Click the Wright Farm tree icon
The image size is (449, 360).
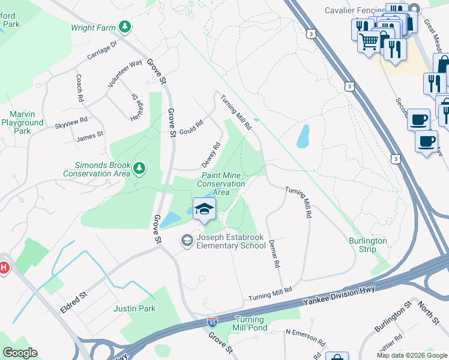[x=125, y=26]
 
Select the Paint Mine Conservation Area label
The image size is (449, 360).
[x=221, y=184]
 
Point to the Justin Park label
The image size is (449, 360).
[x=134, y=309]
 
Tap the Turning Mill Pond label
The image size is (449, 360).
[x=251, y=324]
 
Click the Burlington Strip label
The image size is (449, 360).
[x=368, y=245]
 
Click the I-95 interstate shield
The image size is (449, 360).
[x=212, y=322]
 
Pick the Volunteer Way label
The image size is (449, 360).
[x=125, y=74]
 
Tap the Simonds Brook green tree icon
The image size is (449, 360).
[x=139, y=168]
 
